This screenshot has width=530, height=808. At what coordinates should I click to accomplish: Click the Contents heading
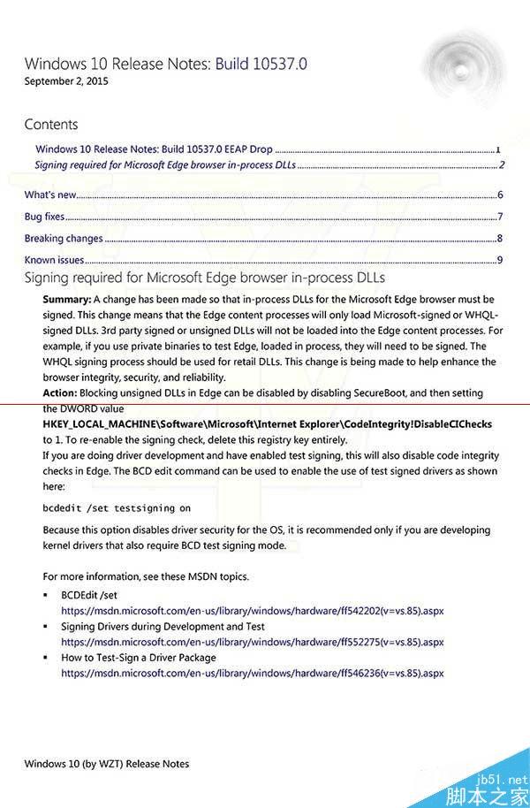coord(51,125)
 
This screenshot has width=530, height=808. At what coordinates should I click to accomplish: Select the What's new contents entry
coord(50,194)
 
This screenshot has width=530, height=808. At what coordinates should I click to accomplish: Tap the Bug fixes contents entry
coord(44,217)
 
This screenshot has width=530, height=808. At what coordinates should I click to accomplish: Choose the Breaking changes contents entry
coord(64,239)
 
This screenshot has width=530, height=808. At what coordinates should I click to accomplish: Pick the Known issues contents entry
coord(54,260)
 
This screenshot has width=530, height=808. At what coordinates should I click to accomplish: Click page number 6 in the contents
coord(500,194)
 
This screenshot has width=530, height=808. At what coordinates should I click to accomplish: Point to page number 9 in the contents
coord(500,260)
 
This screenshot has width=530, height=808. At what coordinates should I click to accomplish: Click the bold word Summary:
coord(67,300)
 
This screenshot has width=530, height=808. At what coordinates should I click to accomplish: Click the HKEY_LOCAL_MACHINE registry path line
coord(268,424)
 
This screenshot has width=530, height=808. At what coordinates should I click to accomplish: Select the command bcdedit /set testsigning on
coord(117,508)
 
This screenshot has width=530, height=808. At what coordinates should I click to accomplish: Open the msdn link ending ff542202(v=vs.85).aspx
coord(252,610)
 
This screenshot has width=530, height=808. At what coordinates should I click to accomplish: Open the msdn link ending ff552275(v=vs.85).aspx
coord(252,642)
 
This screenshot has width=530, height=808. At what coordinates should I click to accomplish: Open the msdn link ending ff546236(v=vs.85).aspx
coord(252,673)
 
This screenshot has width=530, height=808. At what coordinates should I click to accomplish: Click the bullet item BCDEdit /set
coord(89,595)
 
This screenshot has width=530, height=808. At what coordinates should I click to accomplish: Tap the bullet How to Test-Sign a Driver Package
coord(138,658)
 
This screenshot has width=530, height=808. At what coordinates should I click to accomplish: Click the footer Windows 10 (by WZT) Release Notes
coord(107,764)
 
